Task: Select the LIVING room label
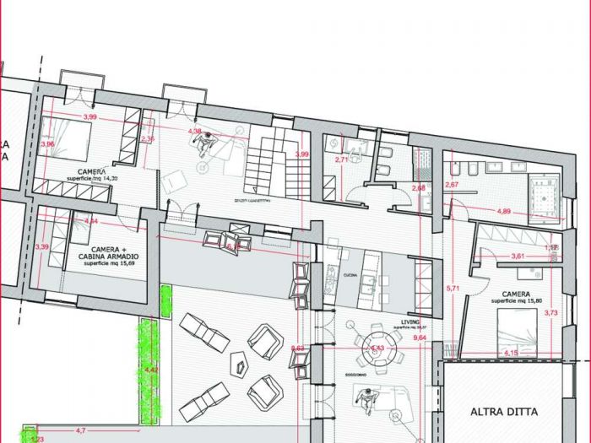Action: point(410,321)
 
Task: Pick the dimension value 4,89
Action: point(504,210)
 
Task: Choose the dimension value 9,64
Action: point(420,338)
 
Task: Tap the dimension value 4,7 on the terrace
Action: point(81,430)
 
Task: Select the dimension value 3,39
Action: point(41,247)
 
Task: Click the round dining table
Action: point(372,346)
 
